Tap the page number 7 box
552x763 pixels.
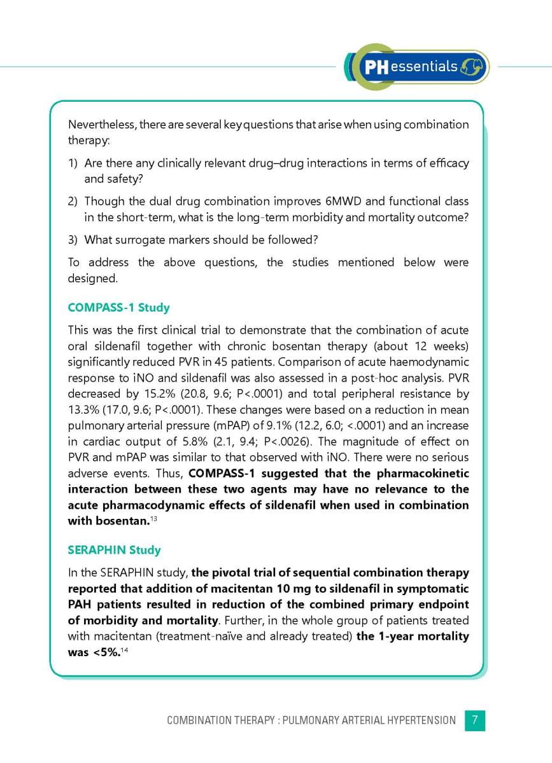[475, 720]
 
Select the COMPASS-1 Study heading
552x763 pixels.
[118, 308]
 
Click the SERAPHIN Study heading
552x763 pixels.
[114, 549]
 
